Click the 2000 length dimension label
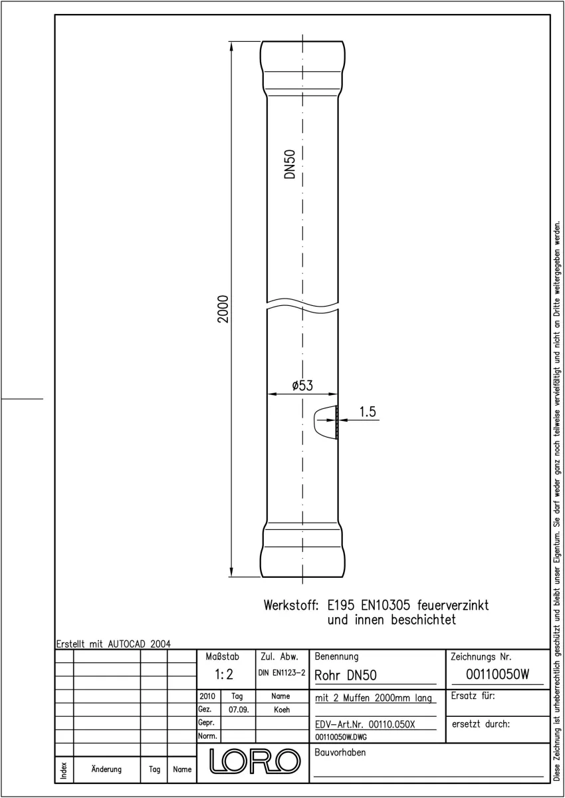pyautogui.click(x=223, y=309)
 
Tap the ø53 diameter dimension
pyautogui.click(x=302, y=386)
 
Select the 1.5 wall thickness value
pyautogui.click(x=368, y=412)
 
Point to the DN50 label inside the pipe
pyautogui.click(x=290, y=164)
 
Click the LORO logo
pyautogui.click(x=255, y=761)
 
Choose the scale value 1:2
pyautogui.click(x=224, y=674)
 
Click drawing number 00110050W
pyautogui.click(x=497, y=674)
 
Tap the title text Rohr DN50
pyautogui.click(x=346, y=676)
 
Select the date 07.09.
pyautogui.click(x=239, y=710)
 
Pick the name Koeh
pyautogui.click(x=282, y=710)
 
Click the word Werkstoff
pyautogui.click(x=291, y=605)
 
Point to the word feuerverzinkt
pyautogui.click(x=453, y=605)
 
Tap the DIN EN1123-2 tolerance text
pyautogui.click(x=282, y=673)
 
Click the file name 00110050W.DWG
pyautogui.click(x=341, y=737)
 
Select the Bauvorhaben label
pyautogui.click(x=340, y=752)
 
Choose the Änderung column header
pyautogui.click(x=106, y=769)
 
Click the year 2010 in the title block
pyautogui.click(x=207, y=696)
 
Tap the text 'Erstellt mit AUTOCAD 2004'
pyautogui.click(x=113, y=644)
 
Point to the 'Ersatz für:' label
pyautogui.click(x=473, y=696)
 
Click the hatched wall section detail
pyautogui.click(x=337, y=422)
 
